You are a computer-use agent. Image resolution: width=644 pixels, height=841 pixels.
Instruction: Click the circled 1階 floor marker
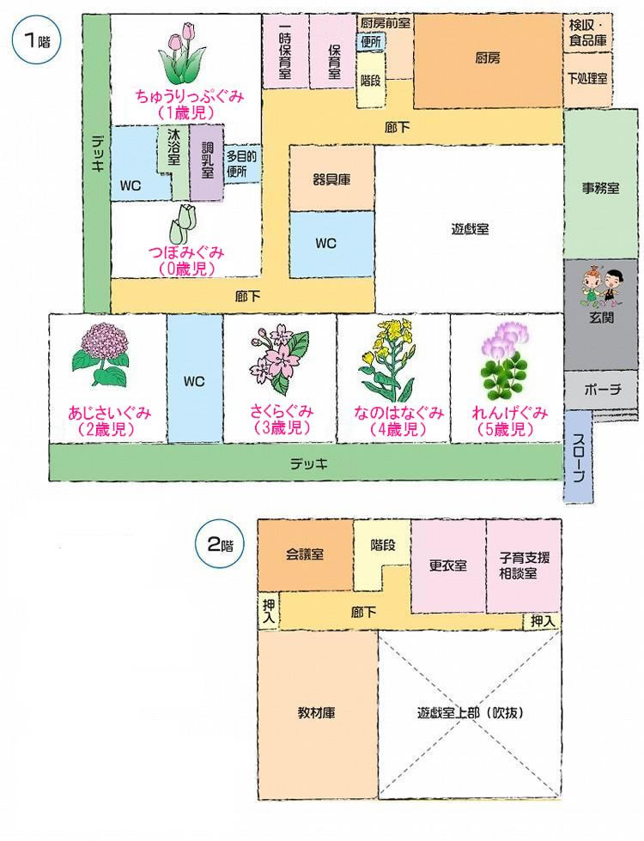(36, 40)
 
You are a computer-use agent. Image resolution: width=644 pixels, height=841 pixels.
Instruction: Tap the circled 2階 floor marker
(220, 545)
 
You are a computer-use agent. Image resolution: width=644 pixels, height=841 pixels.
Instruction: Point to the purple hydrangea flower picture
(100, 354)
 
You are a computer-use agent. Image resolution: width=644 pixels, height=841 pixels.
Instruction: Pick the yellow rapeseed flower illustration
(387, 360)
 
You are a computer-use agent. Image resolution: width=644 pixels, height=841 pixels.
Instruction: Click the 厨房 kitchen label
(488, 57)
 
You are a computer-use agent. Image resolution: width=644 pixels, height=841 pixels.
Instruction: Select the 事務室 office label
(600, 188)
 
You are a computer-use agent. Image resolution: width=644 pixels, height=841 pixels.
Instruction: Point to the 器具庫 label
(331, 180)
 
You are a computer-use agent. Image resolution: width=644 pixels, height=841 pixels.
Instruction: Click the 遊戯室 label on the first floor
(470, 229)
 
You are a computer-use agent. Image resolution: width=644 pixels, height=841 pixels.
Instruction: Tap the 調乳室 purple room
(207, 162)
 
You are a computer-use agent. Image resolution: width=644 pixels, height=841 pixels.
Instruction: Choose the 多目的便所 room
(241, 164)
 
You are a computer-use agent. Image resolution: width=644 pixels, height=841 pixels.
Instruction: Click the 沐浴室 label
(173, 147)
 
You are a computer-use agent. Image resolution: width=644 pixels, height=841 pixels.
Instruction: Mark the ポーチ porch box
(602, 390)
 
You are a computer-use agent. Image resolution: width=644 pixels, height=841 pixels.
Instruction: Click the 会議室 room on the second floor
(306, 554)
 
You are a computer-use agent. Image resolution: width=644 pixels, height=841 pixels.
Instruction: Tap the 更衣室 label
(448, 566)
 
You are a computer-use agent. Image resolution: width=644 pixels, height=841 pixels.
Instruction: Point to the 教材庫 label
(317, 713)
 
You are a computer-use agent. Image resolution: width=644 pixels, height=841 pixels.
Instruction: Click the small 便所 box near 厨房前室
(371, 42)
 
